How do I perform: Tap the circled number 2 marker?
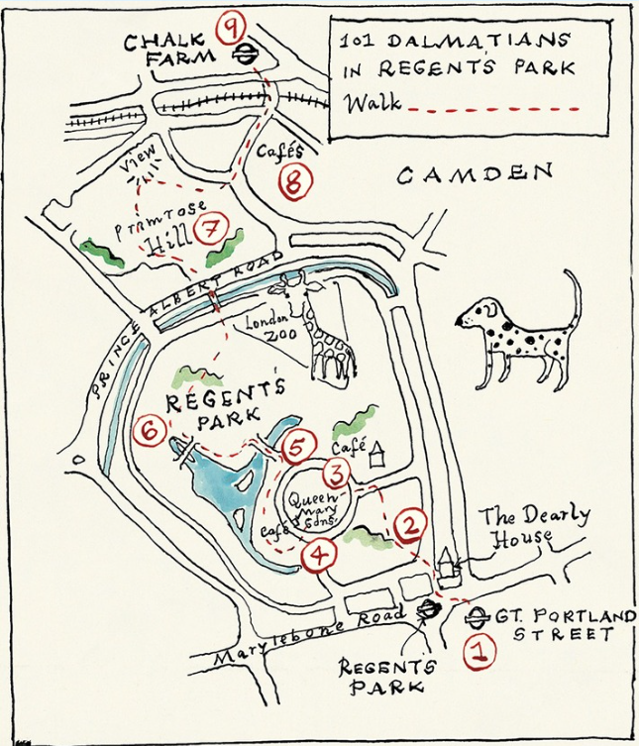pos(409,526)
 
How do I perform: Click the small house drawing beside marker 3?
pos(375,455)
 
